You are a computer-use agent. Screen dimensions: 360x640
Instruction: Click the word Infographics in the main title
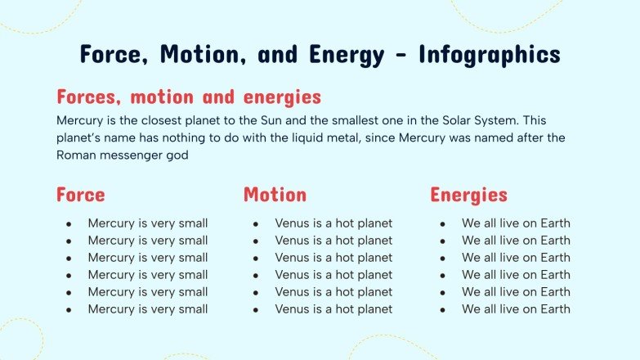(489, 55)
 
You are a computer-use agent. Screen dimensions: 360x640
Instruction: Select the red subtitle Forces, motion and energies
(188, 97)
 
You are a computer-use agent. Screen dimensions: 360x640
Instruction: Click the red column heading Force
(80, 195)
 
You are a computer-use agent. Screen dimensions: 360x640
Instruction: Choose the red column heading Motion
(275, 195)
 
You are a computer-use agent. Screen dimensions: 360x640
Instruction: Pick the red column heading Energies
(468, 195)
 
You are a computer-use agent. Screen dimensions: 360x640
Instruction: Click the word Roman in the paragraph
(75, 155)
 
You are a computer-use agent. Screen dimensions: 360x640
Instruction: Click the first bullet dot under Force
(69, 223)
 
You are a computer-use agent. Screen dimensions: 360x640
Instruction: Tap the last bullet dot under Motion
(256, 309)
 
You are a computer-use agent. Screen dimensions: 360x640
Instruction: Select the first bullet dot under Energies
(443, 223)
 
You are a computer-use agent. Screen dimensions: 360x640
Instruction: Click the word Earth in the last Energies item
(554, 309)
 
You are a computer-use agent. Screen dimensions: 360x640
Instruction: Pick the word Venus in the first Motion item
(292, 223)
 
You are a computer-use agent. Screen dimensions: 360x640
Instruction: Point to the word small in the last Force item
(192, 309)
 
